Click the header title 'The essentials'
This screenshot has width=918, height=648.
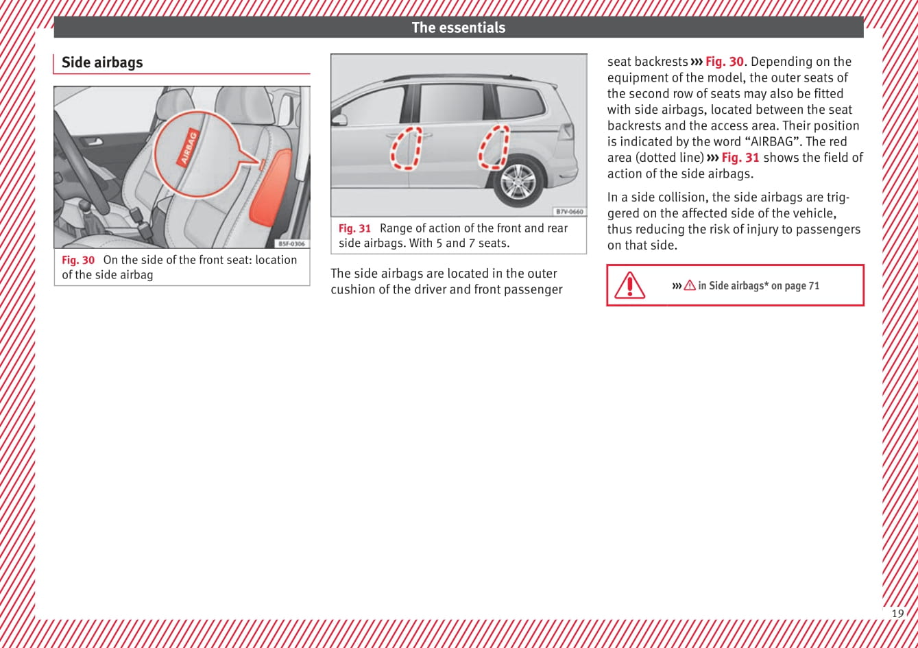coord(458,27)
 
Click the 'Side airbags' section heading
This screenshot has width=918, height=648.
coord(102,62)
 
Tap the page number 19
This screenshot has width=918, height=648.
coord(897,614)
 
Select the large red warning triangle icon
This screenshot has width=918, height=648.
coord(629,285)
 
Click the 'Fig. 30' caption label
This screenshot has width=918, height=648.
coord(78,261)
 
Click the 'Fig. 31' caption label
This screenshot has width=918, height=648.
coord(354,229)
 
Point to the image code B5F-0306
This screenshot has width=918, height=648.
coord(292,243)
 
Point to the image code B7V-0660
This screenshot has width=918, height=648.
coord(569,212)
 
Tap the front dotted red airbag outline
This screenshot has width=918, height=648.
coord(405,148)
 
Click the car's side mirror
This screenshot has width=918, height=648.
coord(339,119)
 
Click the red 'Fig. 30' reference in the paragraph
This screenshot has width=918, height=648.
coord(724,62)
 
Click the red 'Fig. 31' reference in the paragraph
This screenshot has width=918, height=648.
coord(740,158)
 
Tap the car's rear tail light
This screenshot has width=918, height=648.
coord(566,131)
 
